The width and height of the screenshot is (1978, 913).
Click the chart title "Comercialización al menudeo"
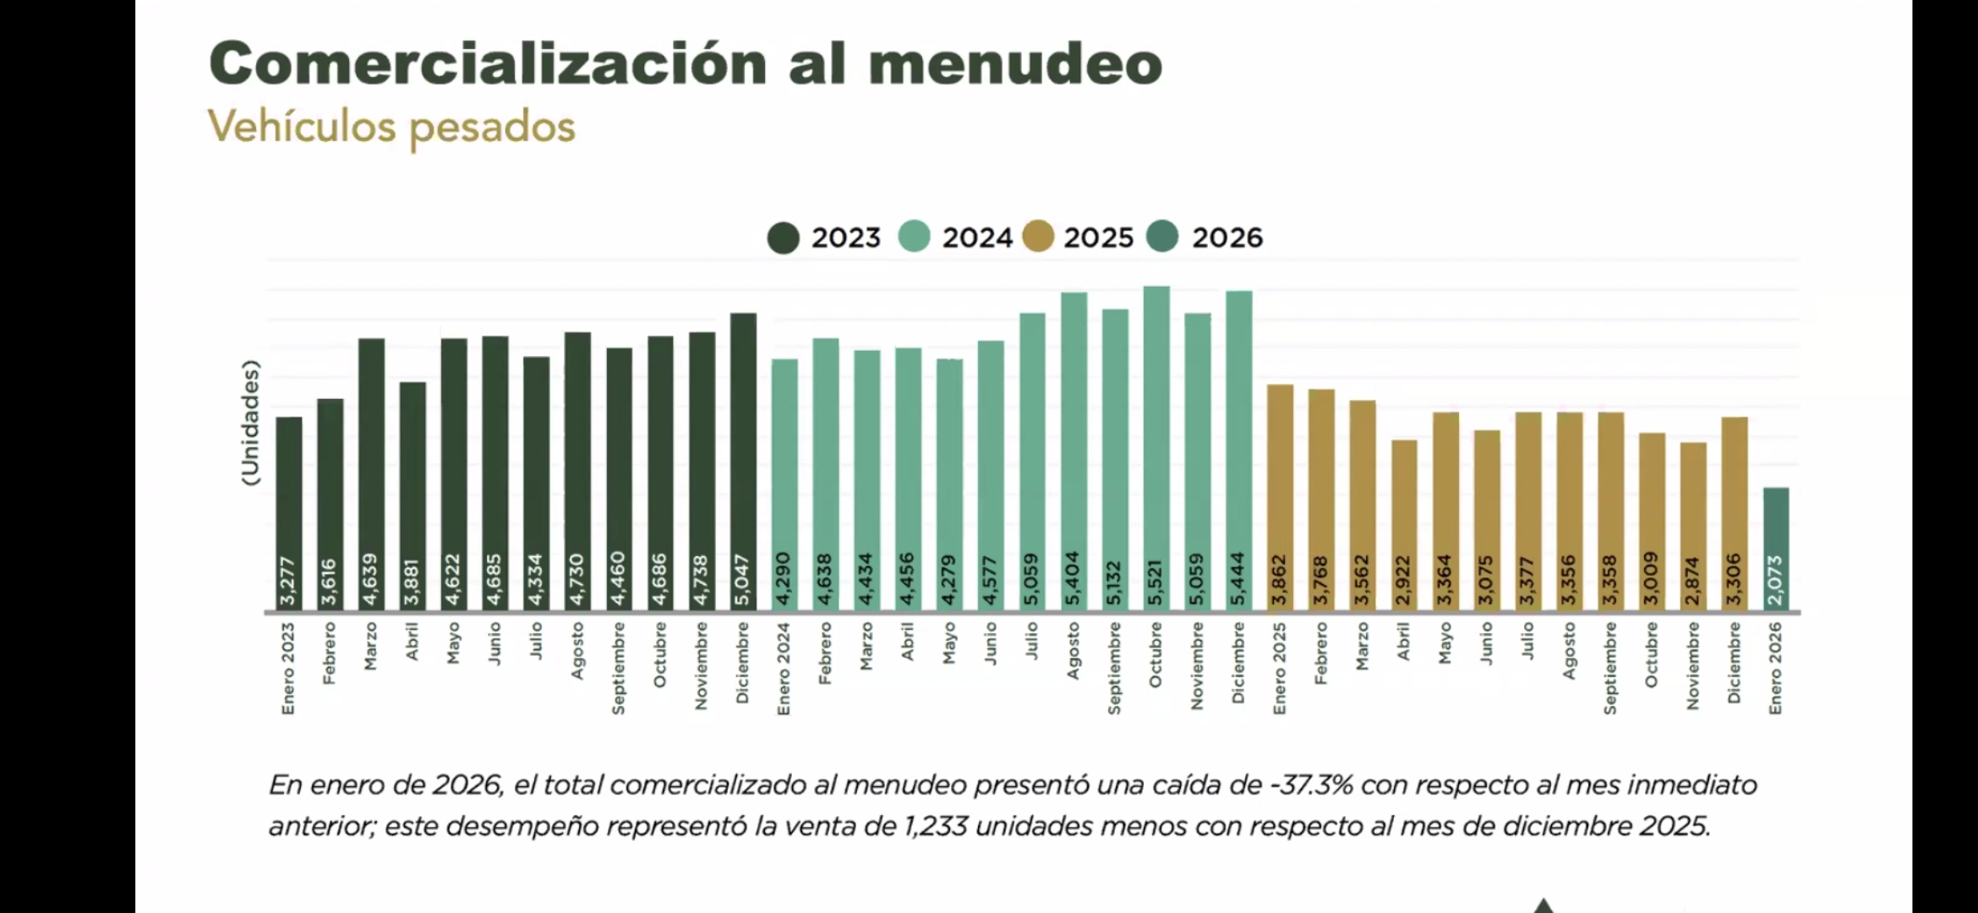coord(685,63)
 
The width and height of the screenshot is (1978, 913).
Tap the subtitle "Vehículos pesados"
coord(391,128)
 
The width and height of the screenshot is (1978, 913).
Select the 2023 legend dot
coord(784,238)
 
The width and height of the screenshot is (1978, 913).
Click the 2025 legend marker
coord(1038,238)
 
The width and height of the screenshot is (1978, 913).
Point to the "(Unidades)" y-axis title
coord(250,423)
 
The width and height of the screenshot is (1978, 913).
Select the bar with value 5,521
coord(1156,448)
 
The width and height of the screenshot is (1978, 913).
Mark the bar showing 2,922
coord(1404,525)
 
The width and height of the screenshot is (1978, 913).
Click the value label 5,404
coord(1074,578)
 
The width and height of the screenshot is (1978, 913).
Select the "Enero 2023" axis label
coord(288,668)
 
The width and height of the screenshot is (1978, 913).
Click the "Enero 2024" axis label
coord(784,668)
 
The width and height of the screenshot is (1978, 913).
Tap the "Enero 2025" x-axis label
coord(1280,668)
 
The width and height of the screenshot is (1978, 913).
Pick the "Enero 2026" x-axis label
coord(1775,668)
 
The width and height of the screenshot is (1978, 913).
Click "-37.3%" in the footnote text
coord(1311,785)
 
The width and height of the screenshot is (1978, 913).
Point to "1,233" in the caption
coord(935,826)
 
